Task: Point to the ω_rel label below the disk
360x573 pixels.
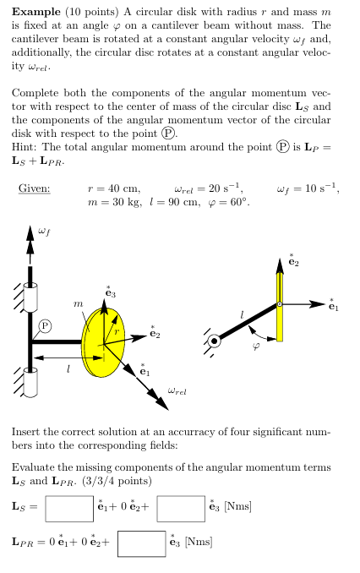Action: tap(177, 390)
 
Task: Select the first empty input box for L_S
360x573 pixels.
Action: tap(69, 508)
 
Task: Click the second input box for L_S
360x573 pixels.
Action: tap(180, 508)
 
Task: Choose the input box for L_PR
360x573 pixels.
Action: tap(141, 542)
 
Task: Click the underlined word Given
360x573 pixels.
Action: tap(35, 188)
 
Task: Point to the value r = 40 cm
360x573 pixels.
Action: tap(114, 188)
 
